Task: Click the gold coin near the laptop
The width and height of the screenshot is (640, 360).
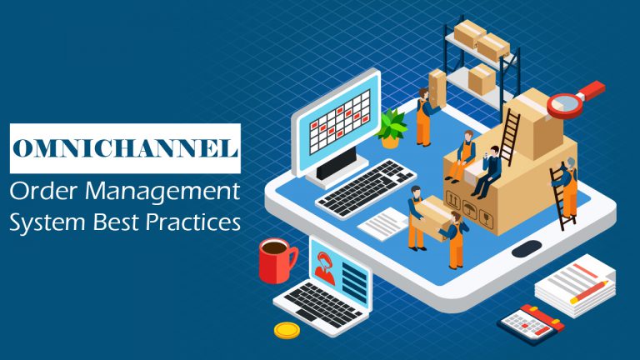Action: coord(287,330)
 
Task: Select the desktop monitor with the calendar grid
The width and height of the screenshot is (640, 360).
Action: coord(337,126)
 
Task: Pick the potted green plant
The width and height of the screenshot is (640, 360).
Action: coord(392,129)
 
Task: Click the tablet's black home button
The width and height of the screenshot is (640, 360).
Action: coord(526,248)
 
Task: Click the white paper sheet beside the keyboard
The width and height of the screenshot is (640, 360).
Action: coord(386,222)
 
